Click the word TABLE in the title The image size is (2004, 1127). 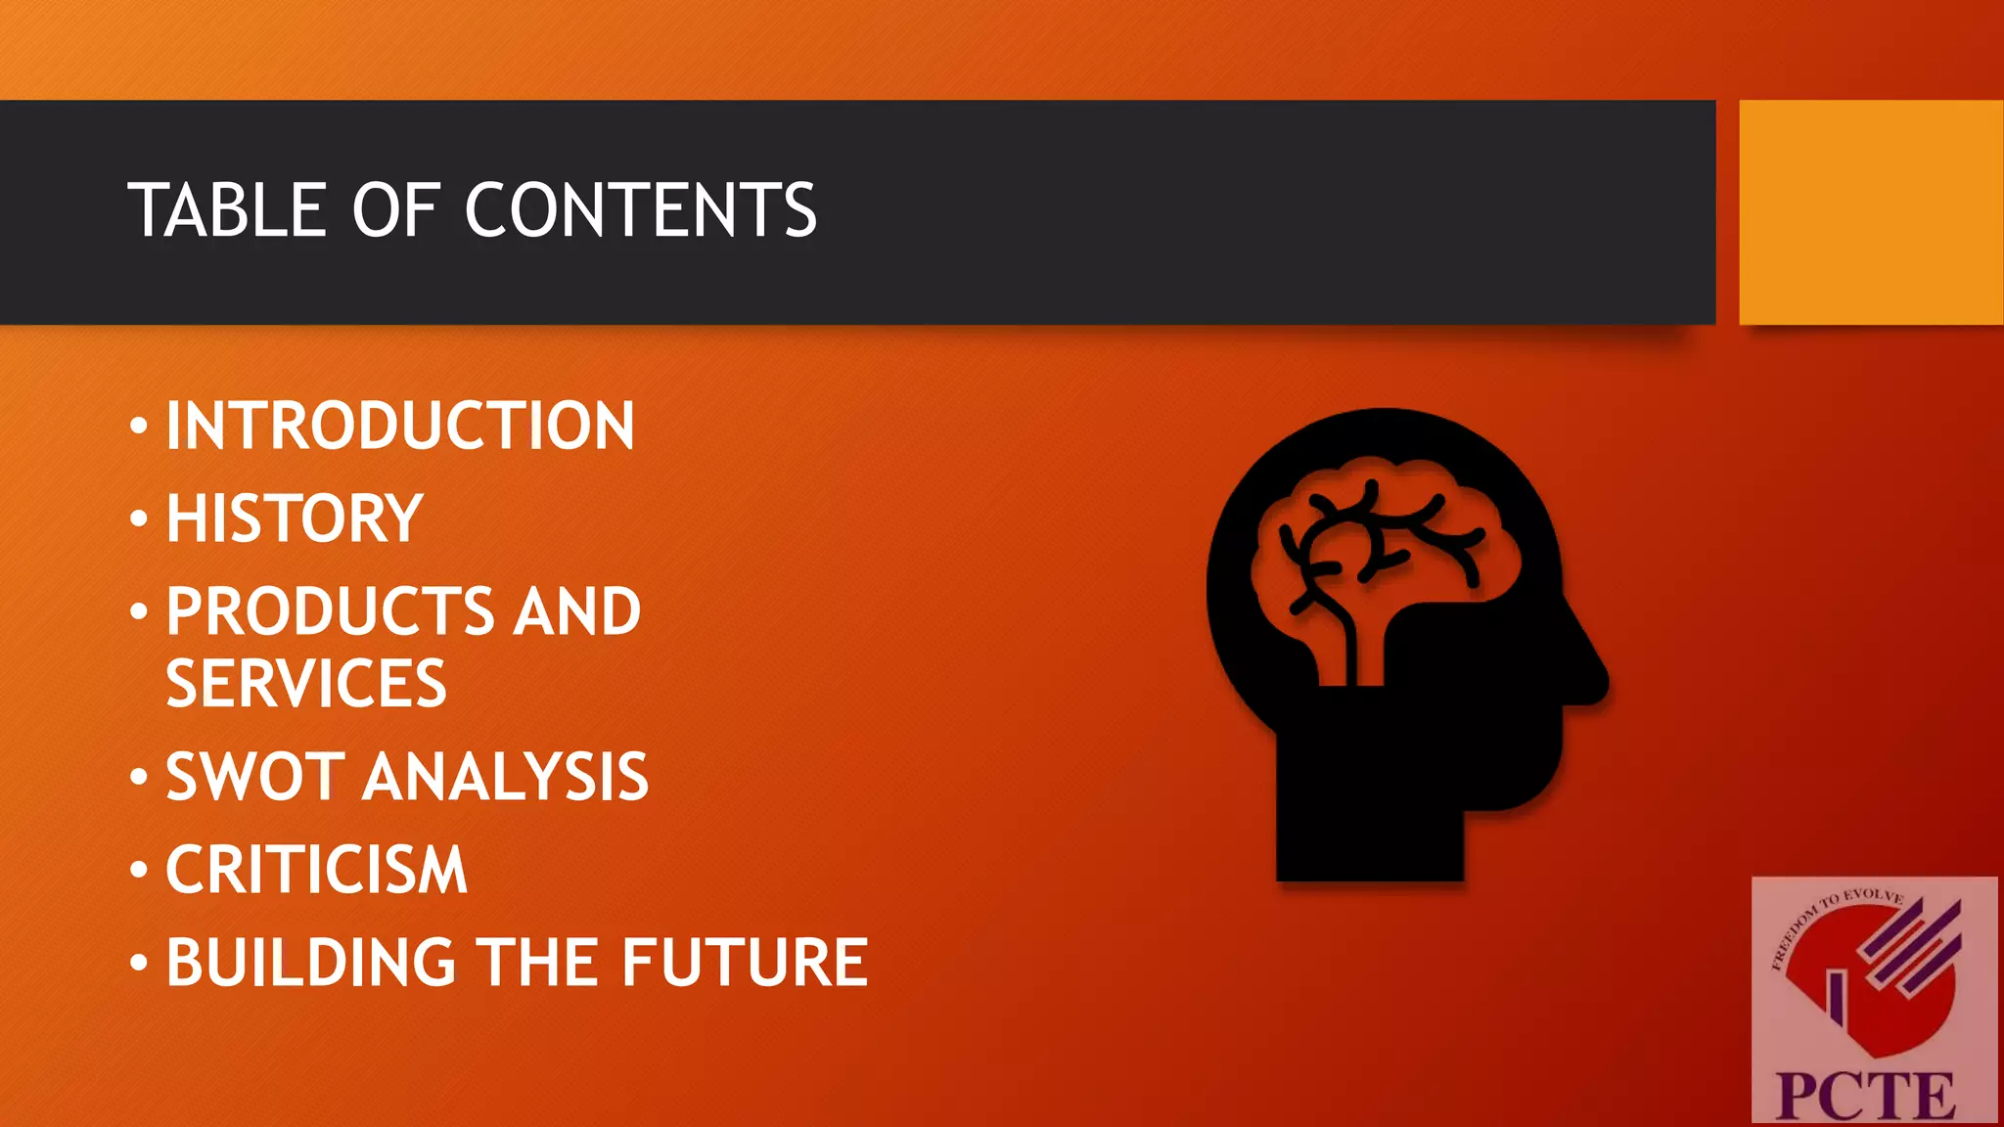click(227, 210)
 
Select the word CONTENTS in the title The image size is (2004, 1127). click(640, 210)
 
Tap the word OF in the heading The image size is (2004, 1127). click(395, 210)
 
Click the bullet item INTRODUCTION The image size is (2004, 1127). click(400, 427)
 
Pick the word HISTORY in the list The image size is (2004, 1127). click(295, 518)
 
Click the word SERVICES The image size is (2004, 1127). click(306, 684)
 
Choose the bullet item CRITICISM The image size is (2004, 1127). click(317, 870)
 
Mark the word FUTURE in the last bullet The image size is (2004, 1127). click(745, 963)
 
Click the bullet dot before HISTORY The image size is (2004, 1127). click(139, 518)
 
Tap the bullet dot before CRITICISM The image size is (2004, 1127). click(139, 870)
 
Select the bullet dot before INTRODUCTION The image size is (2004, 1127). click(139, 427)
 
